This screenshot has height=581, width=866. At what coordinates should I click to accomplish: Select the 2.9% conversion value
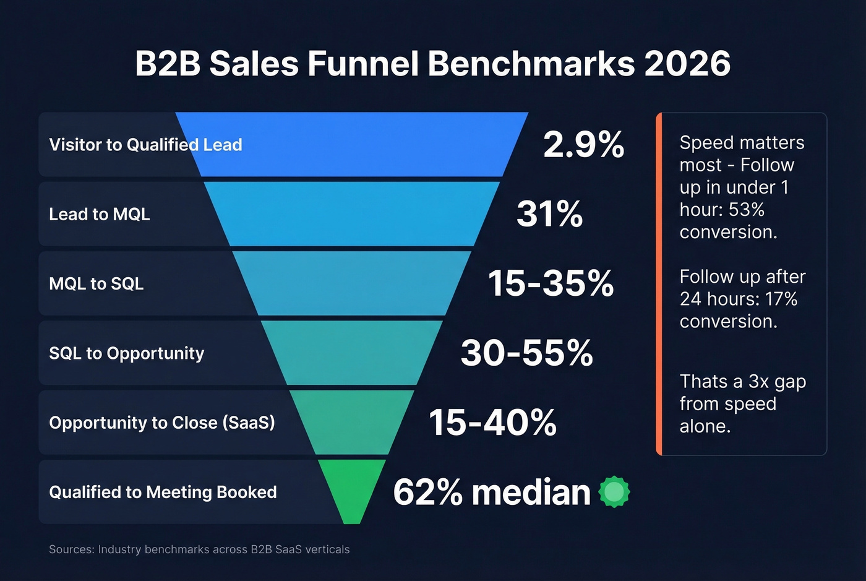point(583,145)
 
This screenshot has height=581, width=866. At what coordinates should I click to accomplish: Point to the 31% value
point(549,214)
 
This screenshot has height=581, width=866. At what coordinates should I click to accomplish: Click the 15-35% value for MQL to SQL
point(551,283)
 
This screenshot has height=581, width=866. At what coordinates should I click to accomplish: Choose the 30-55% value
point(526,353)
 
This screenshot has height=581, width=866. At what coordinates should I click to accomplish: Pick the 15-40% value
point(492,423)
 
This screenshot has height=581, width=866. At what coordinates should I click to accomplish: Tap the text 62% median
point(491,493)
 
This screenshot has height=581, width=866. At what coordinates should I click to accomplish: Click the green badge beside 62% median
point(614,493)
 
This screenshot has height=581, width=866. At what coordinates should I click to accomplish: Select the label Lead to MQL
point(100,214)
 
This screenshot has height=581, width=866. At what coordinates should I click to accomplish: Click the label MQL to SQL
point(96,283)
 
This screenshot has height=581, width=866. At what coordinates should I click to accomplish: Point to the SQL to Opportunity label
point(126,353)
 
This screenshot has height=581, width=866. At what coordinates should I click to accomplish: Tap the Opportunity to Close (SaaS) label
point(162,423)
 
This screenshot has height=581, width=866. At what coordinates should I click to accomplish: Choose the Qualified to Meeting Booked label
point(163,493)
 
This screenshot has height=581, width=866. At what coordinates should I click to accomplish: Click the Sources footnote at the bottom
point(199,549)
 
